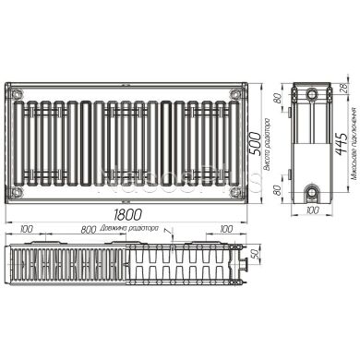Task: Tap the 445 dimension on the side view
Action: (342, 144)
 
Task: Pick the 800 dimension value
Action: (88, 230)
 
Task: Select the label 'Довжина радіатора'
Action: (132, 230)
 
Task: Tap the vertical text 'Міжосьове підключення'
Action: (353, 144)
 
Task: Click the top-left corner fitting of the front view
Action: (14, 94)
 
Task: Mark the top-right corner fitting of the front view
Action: (238, 94)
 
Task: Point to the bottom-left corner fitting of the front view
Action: (14, 192)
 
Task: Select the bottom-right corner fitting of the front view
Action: (238, 192)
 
